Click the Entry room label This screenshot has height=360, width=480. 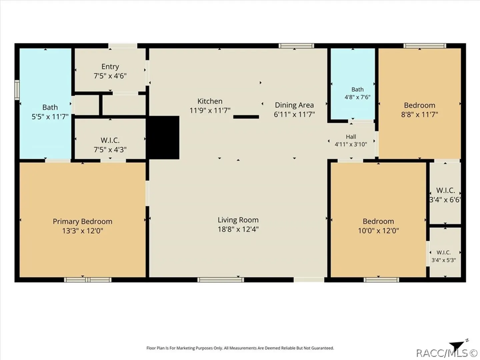coord(110,67)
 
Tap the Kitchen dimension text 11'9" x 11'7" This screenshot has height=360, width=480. coord(210,111)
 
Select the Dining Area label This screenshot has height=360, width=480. coord(294,105)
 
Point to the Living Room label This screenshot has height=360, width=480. coord(238,220)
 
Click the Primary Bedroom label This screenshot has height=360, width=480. coord(82,221)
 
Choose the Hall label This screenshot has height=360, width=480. coord(351,137)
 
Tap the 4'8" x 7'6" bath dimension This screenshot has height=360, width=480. coord(358,97)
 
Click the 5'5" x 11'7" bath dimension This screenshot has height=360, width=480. coord(50,117)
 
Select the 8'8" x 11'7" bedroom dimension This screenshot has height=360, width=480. coord(420,115)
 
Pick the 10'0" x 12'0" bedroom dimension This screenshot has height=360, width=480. coord(378,231)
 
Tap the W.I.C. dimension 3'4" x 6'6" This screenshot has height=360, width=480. coord(445,200)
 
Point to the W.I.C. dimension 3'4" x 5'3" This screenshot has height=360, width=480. coord(444,260)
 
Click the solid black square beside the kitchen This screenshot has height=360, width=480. coord(163,137)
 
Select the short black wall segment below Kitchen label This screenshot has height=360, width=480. coord(246,117)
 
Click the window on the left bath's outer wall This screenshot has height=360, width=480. coord(17,90)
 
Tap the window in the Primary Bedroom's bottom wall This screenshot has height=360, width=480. coord(88,280)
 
